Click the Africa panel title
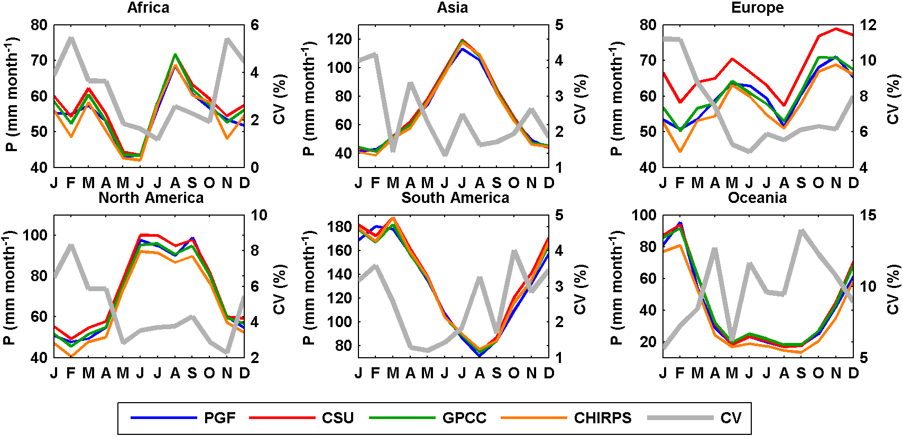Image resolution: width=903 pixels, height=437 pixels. [148, 8]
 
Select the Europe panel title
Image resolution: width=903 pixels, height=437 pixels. [757, 8]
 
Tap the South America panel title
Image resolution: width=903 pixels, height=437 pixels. [455, 198]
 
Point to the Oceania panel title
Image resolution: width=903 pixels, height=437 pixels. [757, 198]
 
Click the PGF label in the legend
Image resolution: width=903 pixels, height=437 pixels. [219, 418]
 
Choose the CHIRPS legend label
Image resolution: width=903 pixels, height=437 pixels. [603, 418]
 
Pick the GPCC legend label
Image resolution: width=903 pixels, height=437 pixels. [464, 418]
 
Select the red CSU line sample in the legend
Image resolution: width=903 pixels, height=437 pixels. [282, 418]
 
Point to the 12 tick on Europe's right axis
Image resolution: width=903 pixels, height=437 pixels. [868, 25]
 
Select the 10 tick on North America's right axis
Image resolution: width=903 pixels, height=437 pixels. [259, 215]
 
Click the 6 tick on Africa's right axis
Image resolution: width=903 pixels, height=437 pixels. [255, 25]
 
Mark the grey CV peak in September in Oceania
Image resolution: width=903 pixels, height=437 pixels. [801, 230]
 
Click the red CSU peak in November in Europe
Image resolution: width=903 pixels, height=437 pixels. [836, 29]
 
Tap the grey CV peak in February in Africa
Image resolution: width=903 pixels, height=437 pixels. [71, 38]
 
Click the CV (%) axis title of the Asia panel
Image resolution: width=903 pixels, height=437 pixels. [580, 99]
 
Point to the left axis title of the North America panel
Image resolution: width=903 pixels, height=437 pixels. [11, 286]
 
